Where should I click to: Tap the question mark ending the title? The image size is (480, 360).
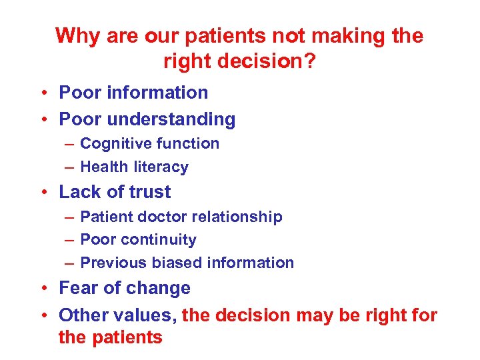tap(311, 61)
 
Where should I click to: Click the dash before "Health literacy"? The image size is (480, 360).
tap(69, 167)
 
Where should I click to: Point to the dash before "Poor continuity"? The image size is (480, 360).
tap(69, 239)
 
